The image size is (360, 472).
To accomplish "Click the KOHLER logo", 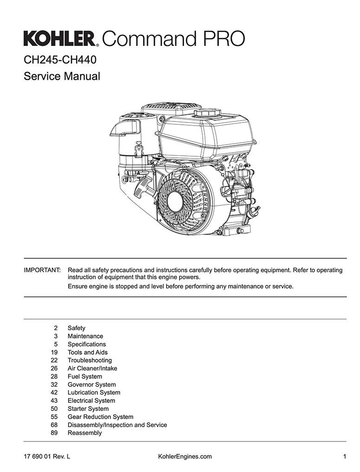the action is [61, 38].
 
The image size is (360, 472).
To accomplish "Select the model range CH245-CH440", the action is [60, 60].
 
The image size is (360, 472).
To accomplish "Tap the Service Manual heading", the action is [62, 76].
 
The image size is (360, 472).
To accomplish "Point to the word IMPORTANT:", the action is [42, 270].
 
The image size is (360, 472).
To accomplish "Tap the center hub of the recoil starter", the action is [175, 201].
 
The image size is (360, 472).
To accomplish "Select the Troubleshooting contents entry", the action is [90, 360].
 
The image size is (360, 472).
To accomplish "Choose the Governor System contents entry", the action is [91, 384].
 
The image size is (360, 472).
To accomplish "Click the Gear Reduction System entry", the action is [100, 417].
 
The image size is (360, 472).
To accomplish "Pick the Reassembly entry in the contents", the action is [84, 433].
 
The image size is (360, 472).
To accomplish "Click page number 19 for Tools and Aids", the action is [54, 352].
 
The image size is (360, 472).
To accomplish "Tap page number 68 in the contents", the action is [54, 425].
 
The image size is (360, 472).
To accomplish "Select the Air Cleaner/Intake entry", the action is [92, 368].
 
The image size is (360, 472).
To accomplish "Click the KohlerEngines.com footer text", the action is [185, 456].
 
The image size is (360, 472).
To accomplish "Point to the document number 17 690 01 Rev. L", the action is [47, 456].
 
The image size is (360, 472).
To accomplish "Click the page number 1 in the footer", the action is [345, 456].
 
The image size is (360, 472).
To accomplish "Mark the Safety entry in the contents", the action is [76, 328].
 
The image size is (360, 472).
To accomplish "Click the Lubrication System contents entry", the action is [94, 393].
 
